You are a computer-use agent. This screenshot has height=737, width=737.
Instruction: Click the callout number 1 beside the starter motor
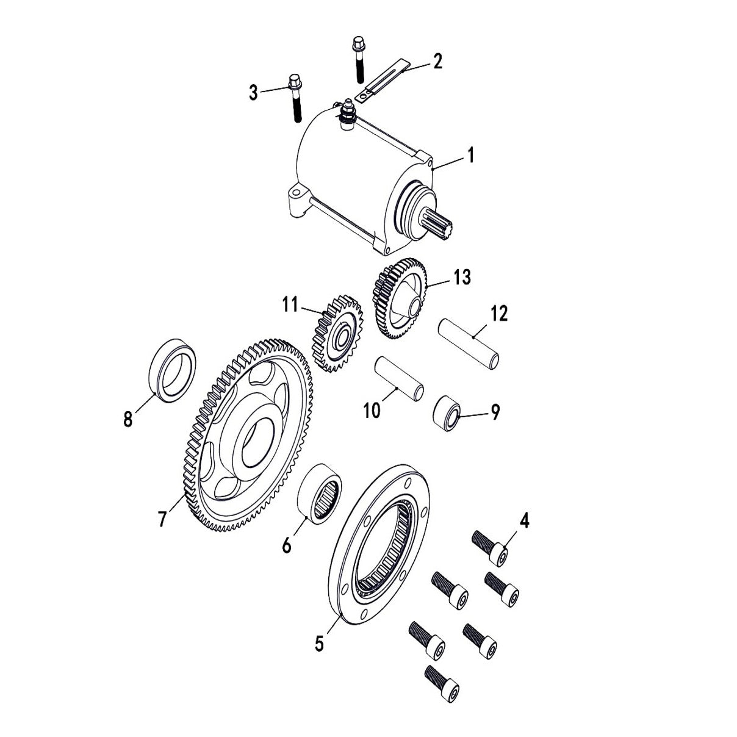pyautogui.click(x=470, y=140)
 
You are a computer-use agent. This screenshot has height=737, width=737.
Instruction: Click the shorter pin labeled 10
pyautogui.click(x=399, y=379)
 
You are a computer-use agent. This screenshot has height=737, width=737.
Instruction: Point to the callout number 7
pyautogui.click(x=162, y=519)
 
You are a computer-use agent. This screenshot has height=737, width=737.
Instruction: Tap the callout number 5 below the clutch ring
pyautogui.click(x=320, y=644)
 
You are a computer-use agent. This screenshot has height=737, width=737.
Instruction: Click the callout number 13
pyautogui.click(x=462, y=277)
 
